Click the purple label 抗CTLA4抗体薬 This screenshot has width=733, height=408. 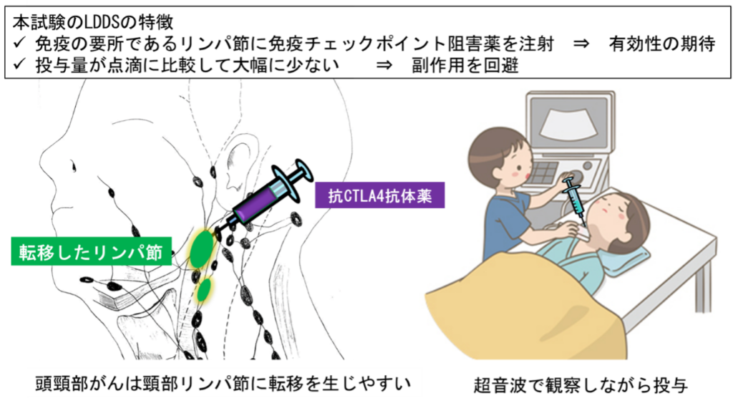[x=380, y=194]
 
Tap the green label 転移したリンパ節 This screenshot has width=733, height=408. [x=90, y=253]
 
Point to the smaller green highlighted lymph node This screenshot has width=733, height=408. [x=205, y=290]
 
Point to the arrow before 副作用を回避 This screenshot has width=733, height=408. [x=384, y=66]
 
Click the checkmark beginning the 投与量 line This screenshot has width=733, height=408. [x=19, y=65]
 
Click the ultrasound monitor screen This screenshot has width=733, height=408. [x=571, y=125]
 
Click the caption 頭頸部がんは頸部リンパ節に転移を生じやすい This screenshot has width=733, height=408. [x=224, y=384]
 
